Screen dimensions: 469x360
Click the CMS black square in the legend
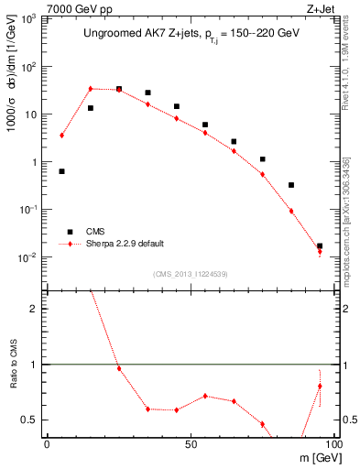click(68, 232)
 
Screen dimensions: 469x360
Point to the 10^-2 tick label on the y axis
click(29, 256)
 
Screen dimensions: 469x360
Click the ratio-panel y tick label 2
click(37, 309)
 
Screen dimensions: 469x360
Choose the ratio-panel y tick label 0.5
click(33, 420)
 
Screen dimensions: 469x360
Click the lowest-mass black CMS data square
click(61, 171)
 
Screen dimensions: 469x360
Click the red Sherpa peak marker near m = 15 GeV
click(91, 89)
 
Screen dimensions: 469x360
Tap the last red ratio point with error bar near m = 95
click(320, 386)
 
